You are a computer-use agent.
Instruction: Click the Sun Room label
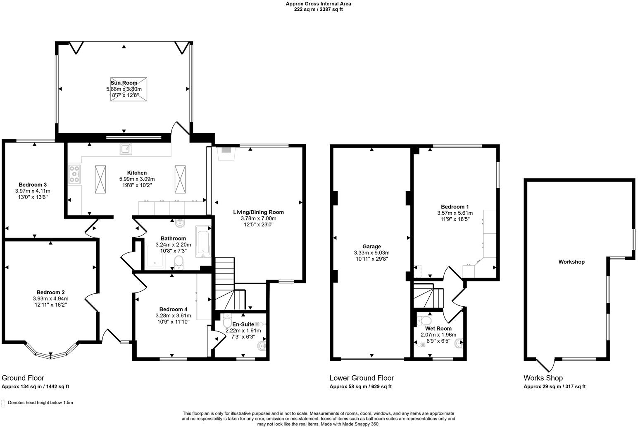click(124, 83)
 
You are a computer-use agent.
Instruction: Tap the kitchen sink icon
click(126, 149)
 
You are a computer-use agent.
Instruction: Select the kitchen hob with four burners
click(74, 174)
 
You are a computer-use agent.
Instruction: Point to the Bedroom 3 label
click(33, 185)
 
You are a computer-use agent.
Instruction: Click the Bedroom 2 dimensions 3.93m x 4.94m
click(50, 298)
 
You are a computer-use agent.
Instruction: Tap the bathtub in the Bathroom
click(203, 241)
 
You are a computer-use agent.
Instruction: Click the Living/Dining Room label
click(258, 212)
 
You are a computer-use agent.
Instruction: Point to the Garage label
click(371, 247)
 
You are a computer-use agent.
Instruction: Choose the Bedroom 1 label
click(455, 207)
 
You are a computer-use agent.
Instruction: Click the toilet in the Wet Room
click(424, 321)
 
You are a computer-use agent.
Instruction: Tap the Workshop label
click(571, 262)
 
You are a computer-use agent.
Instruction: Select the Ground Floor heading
click(23, 378)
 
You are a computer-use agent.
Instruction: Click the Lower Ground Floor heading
click(362, 378)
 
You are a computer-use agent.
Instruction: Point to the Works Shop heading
click(543, 378)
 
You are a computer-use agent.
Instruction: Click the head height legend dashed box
click(4, 403)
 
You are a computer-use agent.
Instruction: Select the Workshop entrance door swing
click(545, 364)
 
